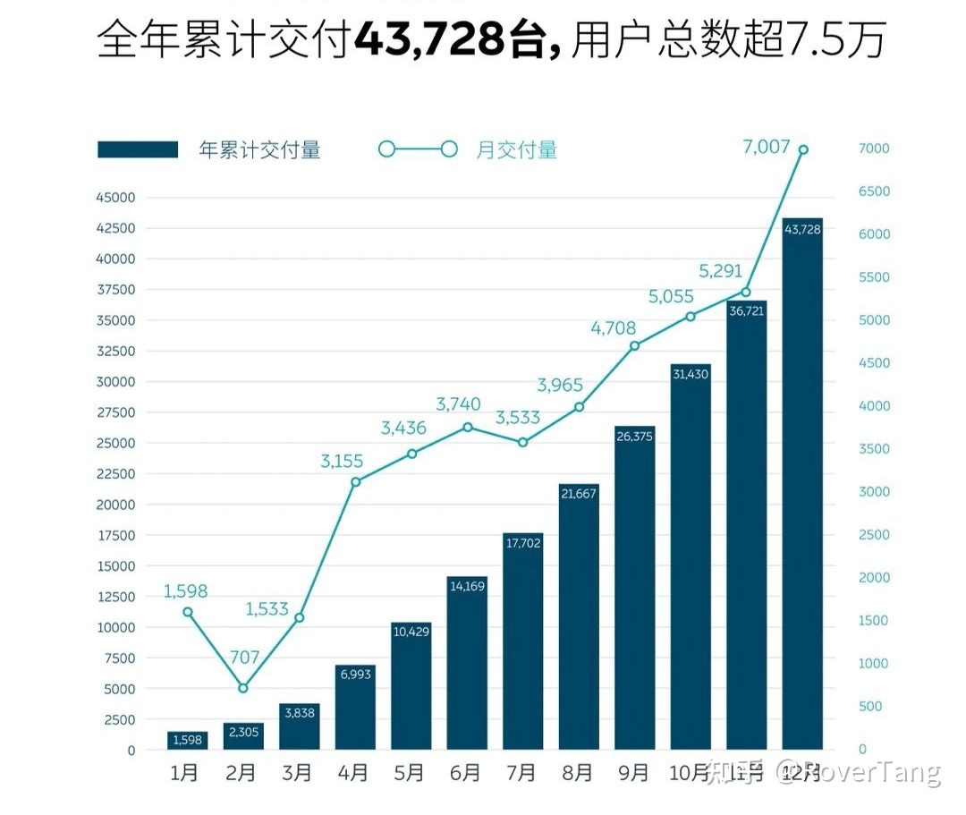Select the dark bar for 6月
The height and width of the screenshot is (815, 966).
[x=467, y=662]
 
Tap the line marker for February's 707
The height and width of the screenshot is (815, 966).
[x=243, y=688]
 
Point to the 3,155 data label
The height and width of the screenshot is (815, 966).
[x=343, y=462]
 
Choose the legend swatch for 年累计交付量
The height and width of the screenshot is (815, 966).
[x=138, y=149]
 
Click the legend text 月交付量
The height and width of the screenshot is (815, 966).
[x=516, y=149]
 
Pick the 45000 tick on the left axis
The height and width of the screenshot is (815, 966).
[x=115, y=198]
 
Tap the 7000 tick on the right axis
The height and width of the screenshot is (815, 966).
[x=874, y=149]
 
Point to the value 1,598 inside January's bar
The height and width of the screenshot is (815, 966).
[x=187, y=740]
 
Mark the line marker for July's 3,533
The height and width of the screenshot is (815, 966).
[x=523, y=442]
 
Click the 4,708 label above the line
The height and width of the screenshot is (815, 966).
[x=613, y=328]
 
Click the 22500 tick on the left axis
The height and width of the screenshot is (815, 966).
[x=115, y=474]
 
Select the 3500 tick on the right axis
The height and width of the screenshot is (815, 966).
[x=874, y=449]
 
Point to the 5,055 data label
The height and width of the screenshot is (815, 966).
[x=671, y=297]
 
